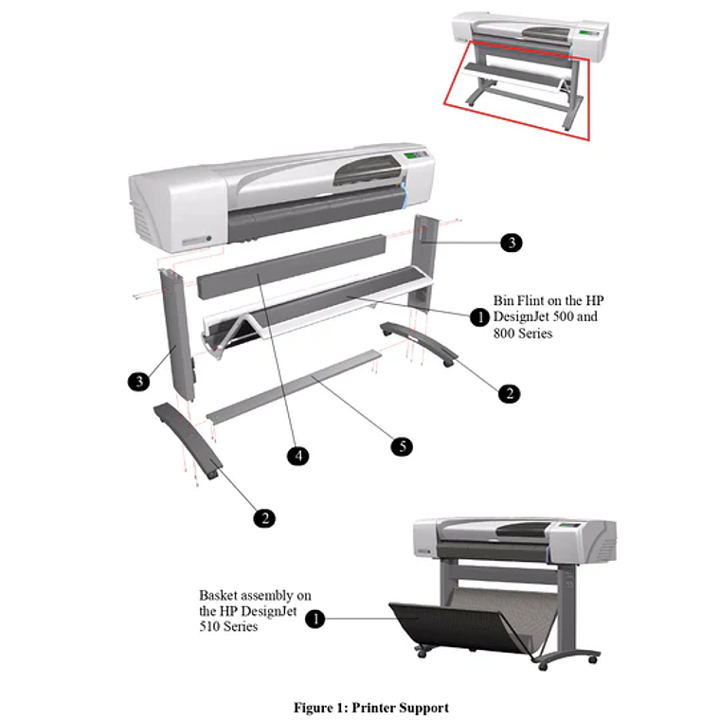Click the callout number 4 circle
click(298, 456)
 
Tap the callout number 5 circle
click(402, 446)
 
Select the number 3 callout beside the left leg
click(138, 381)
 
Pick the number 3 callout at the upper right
click(512, 242)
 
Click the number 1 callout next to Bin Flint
click(480, 316)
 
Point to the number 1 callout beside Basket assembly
click(315, 619)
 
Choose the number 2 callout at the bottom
click(264, 518)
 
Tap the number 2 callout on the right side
click(510, 393)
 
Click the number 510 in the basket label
click(210, 626)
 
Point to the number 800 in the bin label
click(504, 333)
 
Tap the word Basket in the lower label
click(219, 596)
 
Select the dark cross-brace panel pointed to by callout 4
click(291, 266)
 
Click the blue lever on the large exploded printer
click(404, 195)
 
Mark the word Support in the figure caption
click(423, 708)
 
